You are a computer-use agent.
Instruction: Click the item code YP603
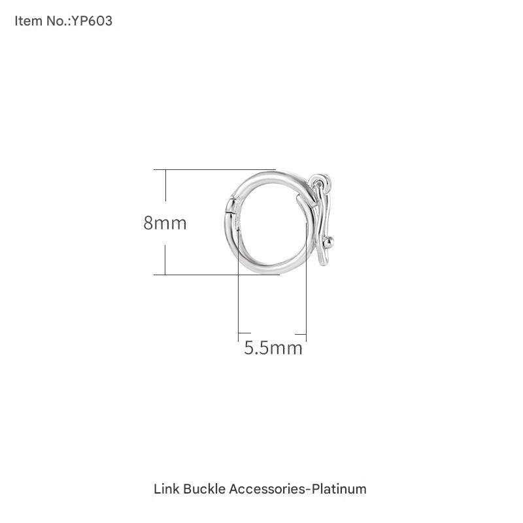coord(92,21)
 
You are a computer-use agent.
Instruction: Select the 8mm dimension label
coord(165,223)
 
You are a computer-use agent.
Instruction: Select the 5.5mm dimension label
coord(273,348)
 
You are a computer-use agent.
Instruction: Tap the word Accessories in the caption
coord(267,489)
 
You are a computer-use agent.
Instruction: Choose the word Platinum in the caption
coord(339,489)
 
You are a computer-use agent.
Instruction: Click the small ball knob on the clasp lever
coord(329,241)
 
